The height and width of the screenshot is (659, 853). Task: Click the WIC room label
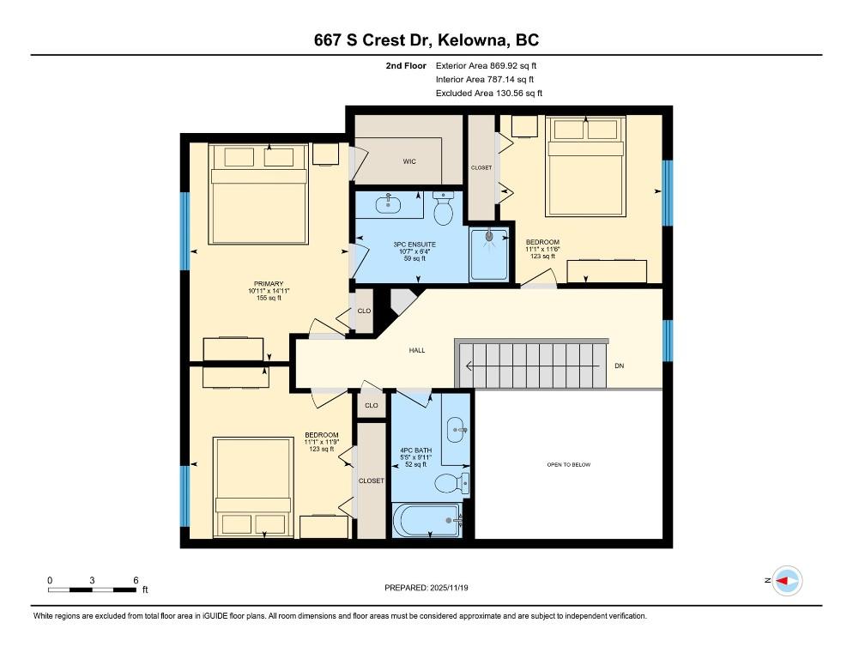[x=409, y=161]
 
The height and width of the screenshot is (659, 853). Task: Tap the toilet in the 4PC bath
[x=450, y=484]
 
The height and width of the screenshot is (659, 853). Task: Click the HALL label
[x=416, y=350]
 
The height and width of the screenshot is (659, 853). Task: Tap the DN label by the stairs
[x=620, y=366]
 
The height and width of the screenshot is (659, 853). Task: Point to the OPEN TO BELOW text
[x=568, y=465]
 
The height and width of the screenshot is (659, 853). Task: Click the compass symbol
[x=786, y=581]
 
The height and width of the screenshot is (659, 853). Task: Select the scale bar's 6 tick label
[x=136, y=580]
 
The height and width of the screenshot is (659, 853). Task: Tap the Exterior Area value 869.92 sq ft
[x=512, y=65]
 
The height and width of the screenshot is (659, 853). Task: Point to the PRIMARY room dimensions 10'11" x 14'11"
[x=268, y=291]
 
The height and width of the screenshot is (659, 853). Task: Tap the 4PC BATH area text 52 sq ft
[x=416, y=465]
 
